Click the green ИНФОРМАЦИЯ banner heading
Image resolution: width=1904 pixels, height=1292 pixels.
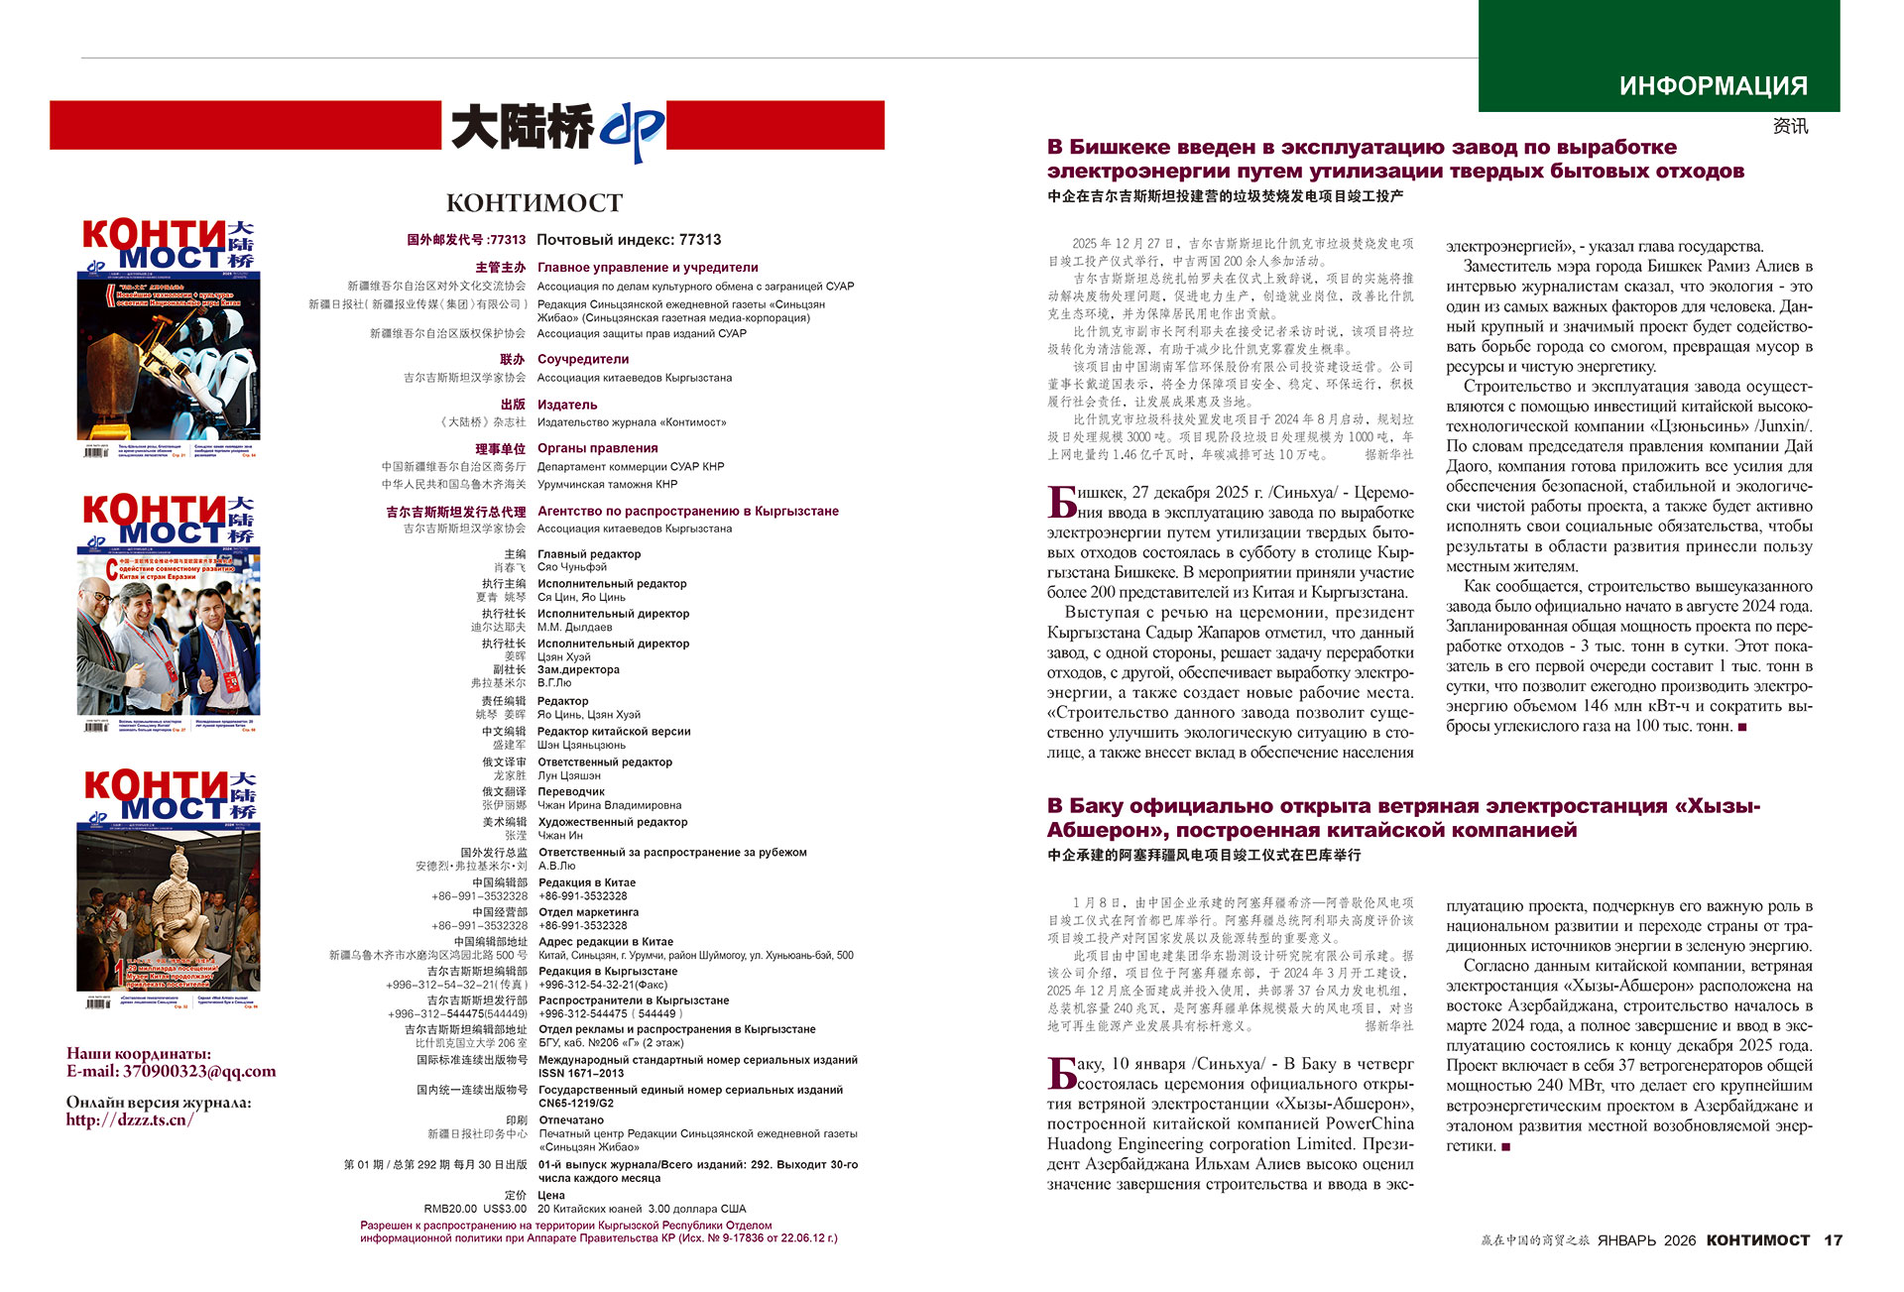1713,86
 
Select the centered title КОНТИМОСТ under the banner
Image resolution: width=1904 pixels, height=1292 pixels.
535,203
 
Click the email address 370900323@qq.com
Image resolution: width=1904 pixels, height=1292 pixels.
199,1072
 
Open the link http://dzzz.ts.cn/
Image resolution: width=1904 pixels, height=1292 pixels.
130,1120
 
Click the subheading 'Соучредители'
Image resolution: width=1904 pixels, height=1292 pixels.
583,360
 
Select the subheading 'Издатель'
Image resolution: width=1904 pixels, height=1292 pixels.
567,405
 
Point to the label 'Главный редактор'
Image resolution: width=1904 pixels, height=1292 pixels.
589,554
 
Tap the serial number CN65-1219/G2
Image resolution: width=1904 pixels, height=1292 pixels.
576,1103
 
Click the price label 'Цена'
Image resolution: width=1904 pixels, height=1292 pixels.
551,1196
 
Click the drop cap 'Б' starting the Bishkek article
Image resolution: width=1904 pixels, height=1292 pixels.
1062,502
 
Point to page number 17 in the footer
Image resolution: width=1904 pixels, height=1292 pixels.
1834,1240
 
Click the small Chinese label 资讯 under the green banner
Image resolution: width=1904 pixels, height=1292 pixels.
1790,127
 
